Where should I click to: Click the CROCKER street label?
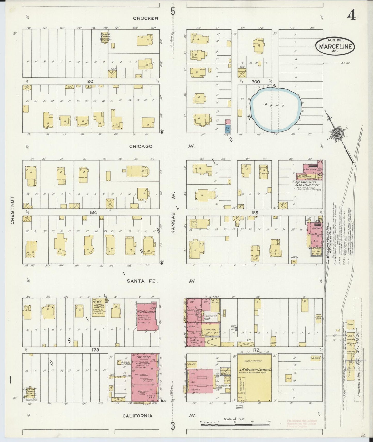pos(145,18)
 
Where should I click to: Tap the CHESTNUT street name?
pos(12,210)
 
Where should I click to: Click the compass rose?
pos(336,134)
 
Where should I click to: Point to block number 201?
pos(91,81)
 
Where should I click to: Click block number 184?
pos(93,212)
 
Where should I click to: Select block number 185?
pos(255,213)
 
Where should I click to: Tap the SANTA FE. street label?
pos(142,281)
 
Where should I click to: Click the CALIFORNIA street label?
pos(138,416)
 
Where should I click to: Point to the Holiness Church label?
pos(105,36)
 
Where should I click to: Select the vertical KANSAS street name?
pos(174,223)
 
